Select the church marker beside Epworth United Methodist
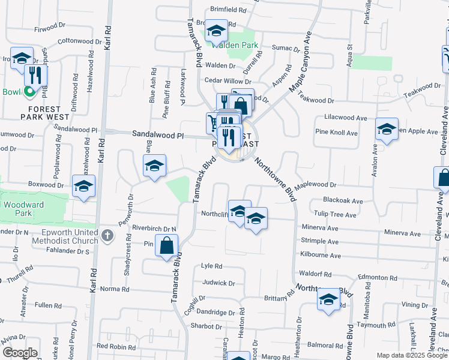(107, 235)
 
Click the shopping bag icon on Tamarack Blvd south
(167, 245)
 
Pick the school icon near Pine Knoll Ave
(387, 129)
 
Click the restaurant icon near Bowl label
(36, 76)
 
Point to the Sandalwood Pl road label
(158, 136)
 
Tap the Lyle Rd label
(212, 266)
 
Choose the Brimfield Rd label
(229, 10)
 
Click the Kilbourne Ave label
(320, 256)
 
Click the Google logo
(20, 353)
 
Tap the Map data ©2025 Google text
(411, 355)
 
